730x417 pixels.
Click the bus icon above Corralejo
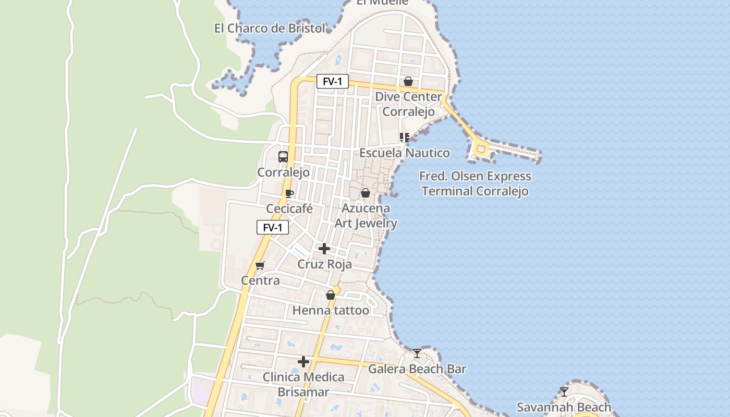point(283,156)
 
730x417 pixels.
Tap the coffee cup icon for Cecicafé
point(289,194)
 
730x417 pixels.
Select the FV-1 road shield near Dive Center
point(332,81)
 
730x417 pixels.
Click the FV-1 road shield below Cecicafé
point(272,227)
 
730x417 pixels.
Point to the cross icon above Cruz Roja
point(324,249)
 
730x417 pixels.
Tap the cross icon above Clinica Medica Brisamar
point(303,361)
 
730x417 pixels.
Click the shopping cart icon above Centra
point(260,265)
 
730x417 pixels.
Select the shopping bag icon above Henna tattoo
point(330,295)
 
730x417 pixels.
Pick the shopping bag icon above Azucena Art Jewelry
point(366,193)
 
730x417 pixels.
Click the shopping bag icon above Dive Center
point(408,81)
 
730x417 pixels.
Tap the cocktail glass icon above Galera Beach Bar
point(417,353)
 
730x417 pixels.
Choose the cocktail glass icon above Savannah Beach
point(564,391)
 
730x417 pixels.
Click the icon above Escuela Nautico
point(404,138)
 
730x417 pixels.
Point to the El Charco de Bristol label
point(270,28)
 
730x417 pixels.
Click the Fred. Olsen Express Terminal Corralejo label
point(475,183)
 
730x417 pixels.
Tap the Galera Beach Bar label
point(417,369)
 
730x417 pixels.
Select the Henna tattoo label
point(331,311)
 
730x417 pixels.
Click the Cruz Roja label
point(324,264)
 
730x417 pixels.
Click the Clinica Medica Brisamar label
point(303,384)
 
